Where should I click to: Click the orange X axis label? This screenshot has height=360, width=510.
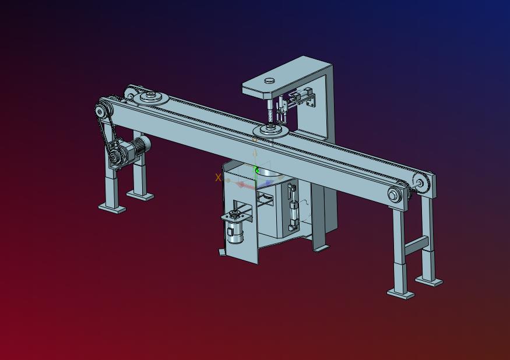tap(218, 178)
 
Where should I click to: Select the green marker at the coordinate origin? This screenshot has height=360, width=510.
tap(256, 170)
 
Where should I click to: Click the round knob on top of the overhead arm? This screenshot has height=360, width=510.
tap(269, 80)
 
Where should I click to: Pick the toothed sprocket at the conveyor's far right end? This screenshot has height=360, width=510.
tap(420, 183)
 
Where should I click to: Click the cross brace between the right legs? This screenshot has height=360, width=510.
tap(416, 245)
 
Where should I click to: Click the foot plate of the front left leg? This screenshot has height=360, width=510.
tap(112, 208)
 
